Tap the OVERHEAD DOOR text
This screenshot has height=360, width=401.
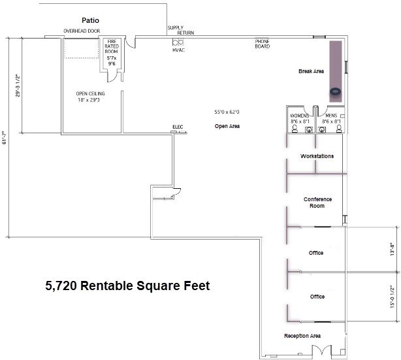(81, 31)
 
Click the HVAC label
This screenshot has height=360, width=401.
(179, 50)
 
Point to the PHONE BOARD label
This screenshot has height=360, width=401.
(263, 44)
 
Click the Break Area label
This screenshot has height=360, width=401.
(311, 71)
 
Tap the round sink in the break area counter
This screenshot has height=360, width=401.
(336, 91)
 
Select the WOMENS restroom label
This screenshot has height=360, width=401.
(300, 118)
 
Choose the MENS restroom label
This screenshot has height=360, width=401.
(331, 118)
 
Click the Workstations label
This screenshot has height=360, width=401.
(317, 156)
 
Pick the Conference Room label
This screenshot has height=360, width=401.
(317, 203)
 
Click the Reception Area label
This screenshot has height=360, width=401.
(302, 336)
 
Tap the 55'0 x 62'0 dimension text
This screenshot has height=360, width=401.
(227, 112)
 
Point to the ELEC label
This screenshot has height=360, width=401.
(178, 126)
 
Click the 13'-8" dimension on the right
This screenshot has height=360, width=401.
(392, 250)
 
